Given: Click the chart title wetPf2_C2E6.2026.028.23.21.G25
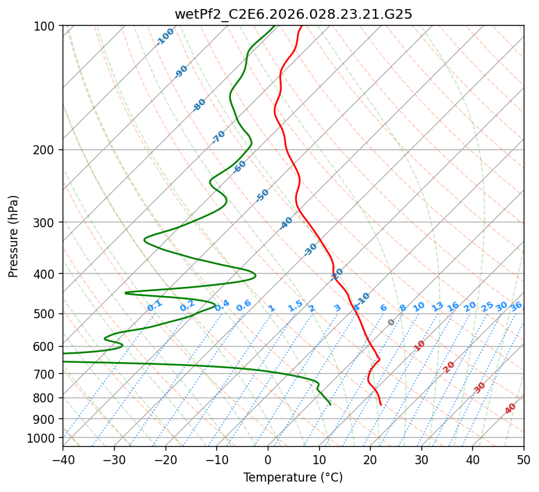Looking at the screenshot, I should [x=293, y=13].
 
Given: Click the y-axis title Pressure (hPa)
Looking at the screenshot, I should [x=13, y=236].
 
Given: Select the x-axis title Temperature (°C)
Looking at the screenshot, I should [x=293, y=477].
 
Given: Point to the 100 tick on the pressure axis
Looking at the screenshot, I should [x=45, y=26].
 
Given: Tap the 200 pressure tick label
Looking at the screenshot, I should [x=45, y=150].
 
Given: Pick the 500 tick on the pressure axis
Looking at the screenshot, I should [x=45, y=313].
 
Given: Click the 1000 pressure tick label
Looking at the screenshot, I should [x=42, y=438].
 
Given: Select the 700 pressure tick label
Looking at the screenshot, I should [x=45, y=374].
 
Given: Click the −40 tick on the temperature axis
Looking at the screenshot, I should [x=63, y=459].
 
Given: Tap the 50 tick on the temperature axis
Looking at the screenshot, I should [x=524, y=459].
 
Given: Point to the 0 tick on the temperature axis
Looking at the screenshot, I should [x=268, y=459].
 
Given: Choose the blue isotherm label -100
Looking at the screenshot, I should [x=166, y=36].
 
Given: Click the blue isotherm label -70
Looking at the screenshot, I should [x=218, y=137].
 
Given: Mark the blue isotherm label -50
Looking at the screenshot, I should [x=262, y=195].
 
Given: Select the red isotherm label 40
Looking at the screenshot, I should [x=510, y=409].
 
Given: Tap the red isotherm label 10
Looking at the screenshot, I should [x=419, y=345].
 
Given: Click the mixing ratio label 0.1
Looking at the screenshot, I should [x=154, y=305].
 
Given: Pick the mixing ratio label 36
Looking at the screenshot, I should [x=516, y=306].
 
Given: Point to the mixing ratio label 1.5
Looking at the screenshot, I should [x=295, y=305].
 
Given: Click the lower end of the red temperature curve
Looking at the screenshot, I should [x=380, y=404].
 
